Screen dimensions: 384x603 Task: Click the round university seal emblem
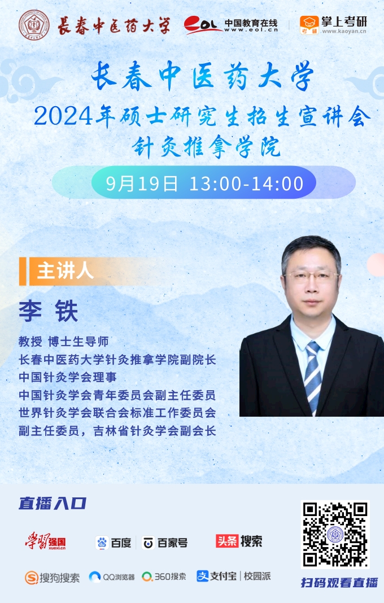click(x=34, y=25)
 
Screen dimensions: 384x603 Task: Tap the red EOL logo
click(x=202, y=25)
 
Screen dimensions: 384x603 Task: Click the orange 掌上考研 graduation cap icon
click(x=309, y=25)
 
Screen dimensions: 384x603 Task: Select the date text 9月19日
click(x=142, y=183)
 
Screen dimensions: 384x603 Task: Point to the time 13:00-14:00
click(x=246, y=183)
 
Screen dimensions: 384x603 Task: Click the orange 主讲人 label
click(x=66, y=271)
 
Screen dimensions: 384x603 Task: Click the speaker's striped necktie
click(x=312, y=375)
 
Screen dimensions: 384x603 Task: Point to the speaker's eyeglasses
click(x=312, y=277)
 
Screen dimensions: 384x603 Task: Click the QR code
click(x=335, y=534)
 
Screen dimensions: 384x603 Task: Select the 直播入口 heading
click(x=53, y=504)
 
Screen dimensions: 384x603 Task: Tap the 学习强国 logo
click(x=45, y=541)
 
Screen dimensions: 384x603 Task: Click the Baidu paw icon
click(x=102, y=543)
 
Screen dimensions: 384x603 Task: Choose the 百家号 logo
click(x=165, y=543)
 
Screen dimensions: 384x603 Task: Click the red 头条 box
click(x=227, y=541)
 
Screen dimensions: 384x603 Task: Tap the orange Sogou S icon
click(x=32, y=577)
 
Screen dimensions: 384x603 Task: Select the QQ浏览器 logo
click(x=112, y=577)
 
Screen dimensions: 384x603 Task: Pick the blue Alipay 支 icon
click(x=202, y=576)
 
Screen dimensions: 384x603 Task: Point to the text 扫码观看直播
click(x=339, y=583)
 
